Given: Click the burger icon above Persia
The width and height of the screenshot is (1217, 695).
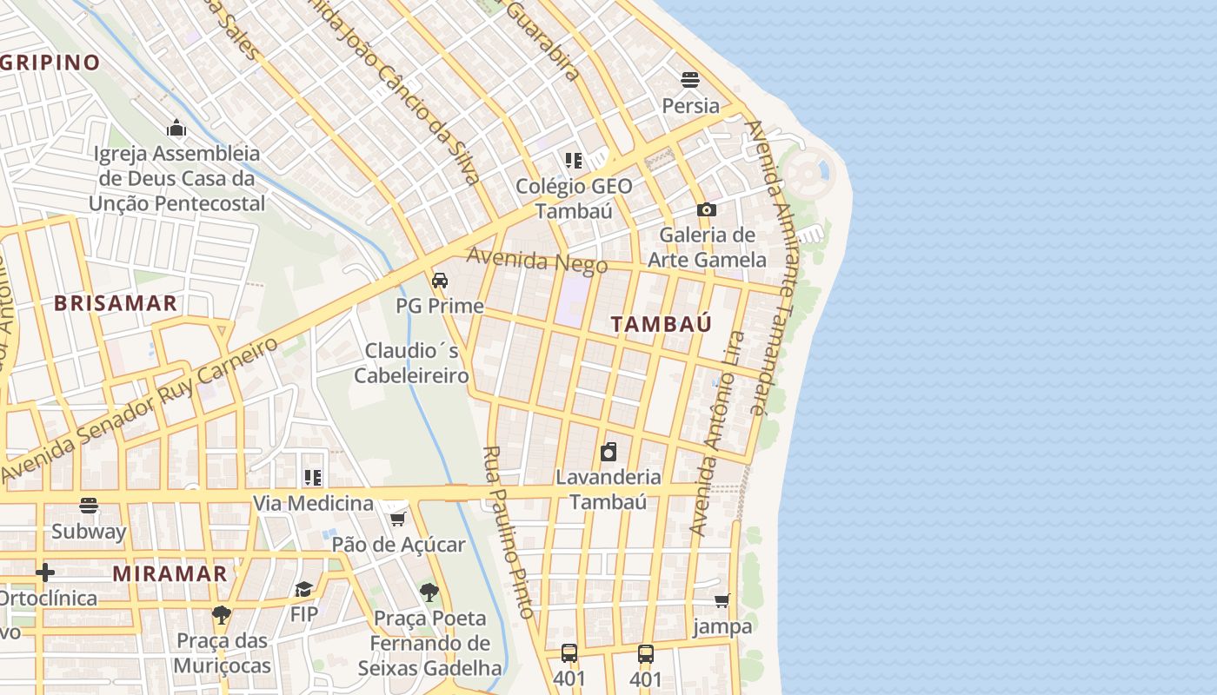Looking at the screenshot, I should click(690, 80).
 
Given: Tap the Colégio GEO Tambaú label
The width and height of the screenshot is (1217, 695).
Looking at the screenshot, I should click(574, 198).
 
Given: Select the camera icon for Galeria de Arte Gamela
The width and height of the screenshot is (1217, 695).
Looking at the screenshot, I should click(706, 209).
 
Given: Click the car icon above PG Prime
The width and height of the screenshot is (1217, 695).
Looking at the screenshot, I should click(440, 281).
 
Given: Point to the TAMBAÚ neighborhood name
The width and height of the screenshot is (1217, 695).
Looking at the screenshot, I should click(661, 324).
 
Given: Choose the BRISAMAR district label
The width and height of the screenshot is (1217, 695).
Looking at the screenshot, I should click(116, 303).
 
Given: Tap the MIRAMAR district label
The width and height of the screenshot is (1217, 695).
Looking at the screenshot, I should click(170, 574).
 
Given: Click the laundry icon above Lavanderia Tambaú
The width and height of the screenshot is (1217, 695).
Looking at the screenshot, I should click(608, 452).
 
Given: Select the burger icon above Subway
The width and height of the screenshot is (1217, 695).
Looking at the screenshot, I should click(89, 506).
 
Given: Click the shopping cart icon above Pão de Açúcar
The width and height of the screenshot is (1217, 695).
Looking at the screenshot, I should click(398, 519).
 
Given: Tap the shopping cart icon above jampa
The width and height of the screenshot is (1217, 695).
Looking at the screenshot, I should click(722, 600).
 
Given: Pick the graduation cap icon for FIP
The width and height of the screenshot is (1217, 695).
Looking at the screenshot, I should click(303, 590).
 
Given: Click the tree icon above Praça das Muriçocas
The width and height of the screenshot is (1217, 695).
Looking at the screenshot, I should click(222, 615).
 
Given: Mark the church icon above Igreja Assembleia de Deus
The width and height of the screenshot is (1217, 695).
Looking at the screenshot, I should click(176, 129).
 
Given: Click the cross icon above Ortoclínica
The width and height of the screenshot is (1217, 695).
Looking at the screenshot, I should click(45, 573).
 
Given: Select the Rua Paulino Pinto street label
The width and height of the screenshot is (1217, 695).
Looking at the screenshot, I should click(508, 532).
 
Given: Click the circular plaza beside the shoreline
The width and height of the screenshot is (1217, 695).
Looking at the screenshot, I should click(808, 174).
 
